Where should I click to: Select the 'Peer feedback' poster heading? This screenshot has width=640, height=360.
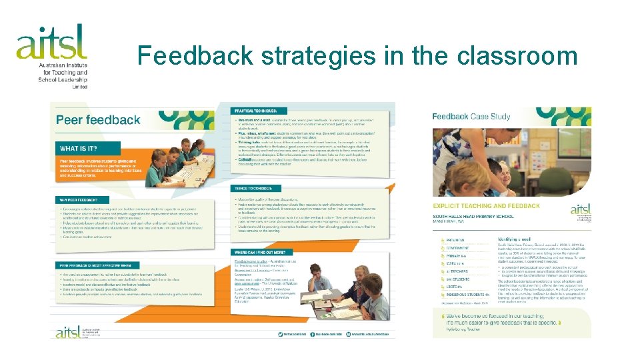(x=98, y=120)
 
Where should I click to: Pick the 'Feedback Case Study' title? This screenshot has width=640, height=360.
(x=471, y=116)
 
